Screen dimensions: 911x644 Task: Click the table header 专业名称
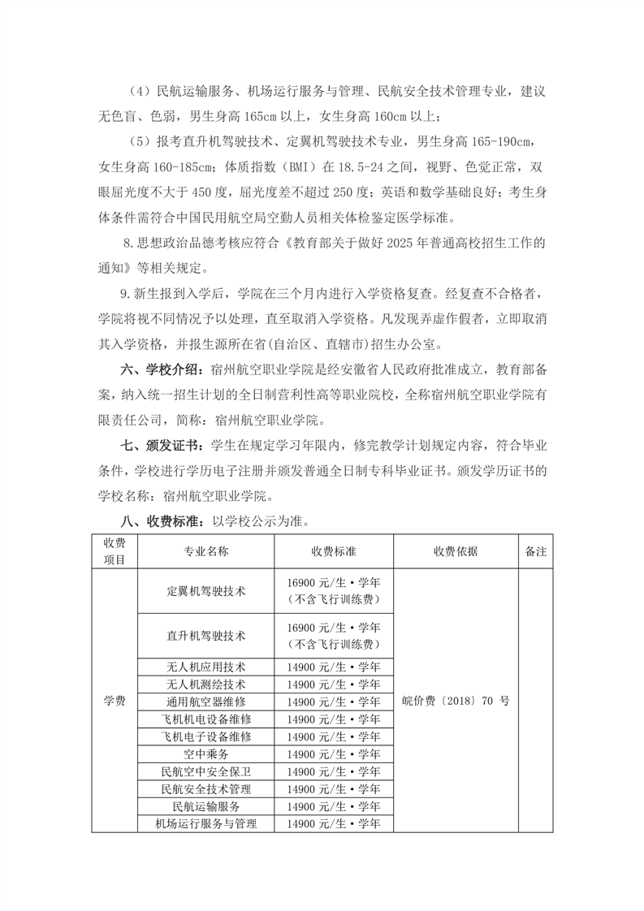(x=206, y=551)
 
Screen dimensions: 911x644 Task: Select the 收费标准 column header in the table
(x=334, y=551)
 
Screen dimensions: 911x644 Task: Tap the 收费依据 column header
(x=456, y=551)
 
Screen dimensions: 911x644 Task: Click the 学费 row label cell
(x=115, y=701)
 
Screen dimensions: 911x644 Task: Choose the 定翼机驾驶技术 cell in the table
(x=206, y=590)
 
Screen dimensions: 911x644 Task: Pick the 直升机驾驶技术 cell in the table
(x=206, y=635)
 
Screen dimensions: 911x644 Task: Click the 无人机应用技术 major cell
(x=206, y=666)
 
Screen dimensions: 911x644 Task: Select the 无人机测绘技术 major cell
(x=206, y=684)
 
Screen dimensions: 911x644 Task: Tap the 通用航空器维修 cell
(x=206, y=702)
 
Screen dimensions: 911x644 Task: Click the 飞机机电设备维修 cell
(x=206, y=719)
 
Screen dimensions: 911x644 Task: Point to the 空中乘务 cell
(x=206, y=754)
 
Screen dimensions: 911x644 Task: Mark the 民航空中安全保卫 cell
(x=206, y=771)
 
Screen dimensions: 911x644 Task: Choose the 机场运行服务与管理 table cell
(x=206, y=824)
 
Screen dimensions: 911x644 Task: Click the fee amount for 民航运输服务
(x=334, y=806)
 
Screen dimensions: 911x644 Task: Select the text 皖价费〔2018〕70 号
(x=456, y=701)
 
